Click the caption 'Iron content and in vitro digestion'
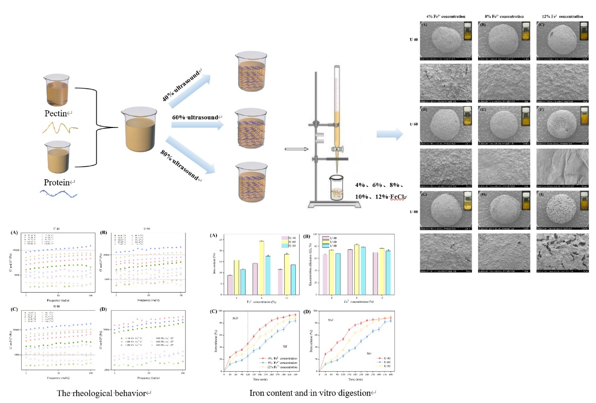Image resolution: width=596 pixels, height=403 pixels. click(x=313, y=391)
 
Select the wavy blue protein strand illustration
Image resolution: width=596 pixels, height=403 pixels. click(x=58, y=194)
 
